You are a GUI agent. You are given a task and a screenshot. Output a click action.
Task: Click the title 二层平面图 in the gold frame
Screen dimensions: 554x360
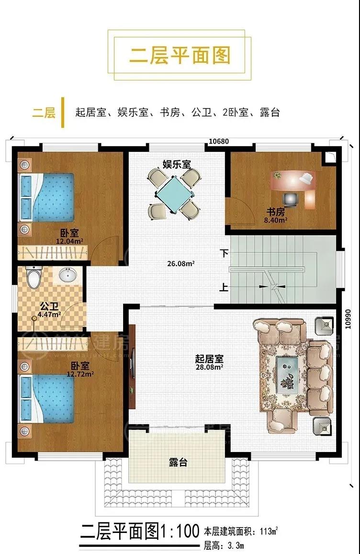(180, 56)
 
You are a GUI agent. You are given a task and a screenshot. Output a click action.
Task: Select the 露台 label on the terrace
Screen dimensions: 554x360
(178, 463)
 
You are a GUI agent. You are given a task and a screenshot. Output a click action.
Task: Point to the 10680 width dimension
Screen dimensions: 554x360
(220, 141)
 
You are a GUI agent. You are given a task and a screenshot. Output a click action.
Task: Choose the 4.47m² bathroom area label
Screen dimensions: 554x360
(49, 315)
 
